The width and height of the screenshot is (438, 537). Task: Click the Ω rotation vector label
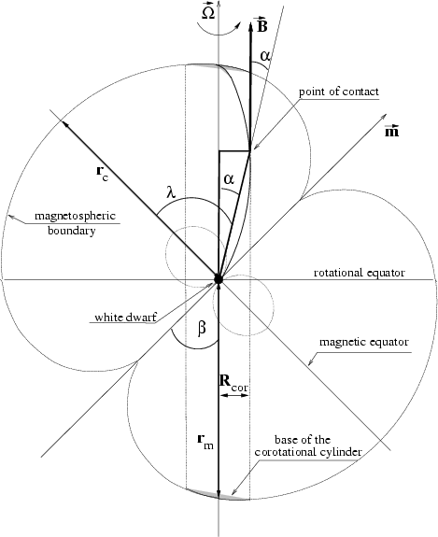208,11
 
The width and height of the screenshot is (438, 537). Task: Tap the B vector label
262,24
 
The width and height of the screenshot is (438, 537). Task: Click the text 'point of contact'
339,92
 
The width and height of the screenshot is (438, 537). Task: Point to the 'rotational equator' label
360,273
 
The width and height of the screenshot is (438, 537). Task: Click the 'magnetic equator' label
364,342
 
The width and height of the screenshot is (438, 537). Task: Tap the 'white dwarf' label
125,318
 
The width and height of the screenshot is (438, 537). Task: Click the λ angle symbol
171,192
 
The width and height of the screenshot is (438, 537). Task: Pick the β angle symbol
202,329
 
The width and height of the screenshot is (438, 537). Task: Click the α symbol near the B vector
265,55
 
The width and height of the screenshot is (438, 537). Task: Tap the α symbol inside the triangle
229,178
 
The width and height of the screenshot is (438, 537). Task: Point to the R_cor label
233,383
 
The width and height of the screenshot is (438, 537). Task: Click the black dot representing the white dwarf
219,279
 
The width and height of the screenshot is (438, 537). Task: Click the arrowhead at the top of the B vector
250,27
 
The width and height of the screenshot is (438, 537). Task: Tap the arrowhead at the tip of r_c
65,124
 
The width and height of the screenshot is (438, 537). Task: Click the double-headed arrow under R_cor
234,395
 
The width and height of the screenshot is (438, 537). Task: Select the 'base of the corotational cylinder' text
308,445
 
